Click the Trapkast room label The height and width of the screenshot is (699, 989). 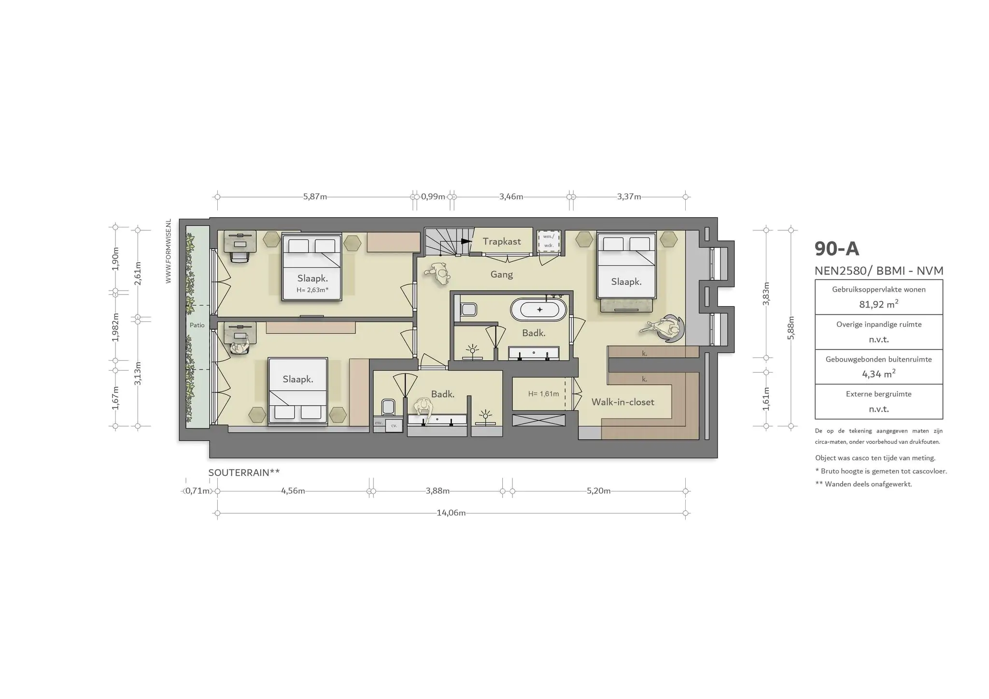pos(502,241)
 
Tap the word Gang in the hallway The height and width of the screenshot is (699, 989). pos(501,275)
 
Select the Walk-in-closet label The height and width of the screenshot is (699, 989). pos(623,402)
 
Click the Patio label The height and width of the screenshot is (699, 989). pos(197,325)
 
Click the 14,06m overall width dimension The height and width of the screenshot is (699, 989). pos(451,513)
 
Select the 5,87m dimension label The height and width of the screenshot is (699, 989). pos(315,197)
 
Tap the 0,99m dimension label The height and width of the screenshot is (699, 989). pos(433,197)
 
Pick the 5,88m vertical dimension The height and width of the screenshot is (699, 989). pos(791,328)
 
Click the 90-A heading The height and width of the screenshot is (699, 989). pos(837,249)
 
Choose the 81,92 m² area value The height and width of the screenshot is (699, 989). pos(878,304)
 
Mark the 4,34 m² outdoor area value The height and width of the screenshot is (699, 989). pos(878,374)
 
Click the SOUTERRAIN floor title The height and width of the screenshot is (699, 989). pos(244,473)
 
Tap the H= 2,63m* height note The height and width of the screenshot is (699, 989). pos(312,290)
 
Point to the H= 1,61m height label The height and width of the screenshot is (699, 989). pos(543,394)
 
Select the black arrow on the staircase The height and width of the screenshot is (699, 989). pos(466,241)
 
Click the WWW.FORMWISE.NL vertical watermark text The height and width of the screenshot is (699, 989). pos(169,251)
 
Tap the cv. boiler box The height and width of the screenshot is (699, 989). pos(394,426)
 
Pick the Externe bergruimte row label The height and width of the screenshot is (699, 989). pos(878,394)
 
